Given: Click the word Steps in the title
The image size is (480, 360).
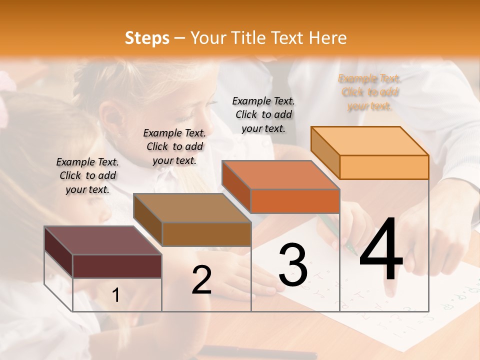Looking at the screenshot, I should [x=147, y=38].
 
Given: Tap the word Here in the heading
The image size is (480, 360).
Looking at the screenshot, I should [x=327, y=38].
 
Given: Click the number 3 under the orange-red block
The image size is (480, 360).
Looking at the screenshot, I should [x=292, y=265].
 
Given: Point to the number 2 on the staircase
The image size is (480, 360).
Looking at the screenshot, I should [x=201, y=280].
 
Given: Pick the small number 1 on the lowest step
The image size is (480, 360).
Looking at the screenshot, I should [x=116, y=295].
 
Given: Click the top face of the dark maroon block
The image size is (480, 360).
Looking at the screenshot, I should [x=102, y=240].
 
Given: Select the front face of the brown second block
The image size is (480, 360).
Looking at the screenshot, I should [x=206, y=234].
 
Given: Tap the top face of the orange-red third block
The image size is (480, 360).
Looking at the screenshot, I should [x=280, y=175].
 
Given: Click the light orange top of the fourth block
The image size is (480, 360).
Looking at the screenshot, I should [x=370, y=141].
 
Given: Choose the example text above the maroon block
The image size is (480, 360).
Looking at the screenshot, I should [x=87, y=175].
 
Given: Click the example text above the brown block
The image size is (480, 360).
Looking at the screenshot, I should [x=174, y=146].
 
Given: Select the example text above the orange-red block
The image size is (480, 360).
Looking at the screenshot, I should [x=263, y=114].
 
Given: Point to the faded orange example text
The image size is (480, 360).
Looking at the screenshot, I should [x=369, y=92].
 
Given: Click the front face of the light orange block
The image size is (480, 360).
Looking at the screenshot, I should [x=384, y=167].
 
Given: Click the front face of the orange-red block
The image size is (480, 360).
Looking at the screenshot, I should [x=295, y=201].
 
